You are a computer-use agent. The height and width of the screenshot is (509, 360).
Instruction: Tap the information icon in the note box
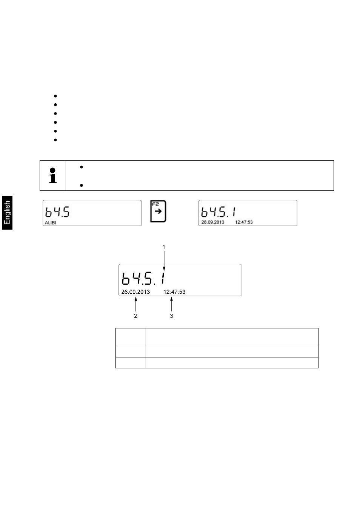click(53, 176)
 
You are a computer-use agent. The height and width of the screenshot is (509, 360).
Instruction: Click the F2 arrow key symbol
click(158, 212)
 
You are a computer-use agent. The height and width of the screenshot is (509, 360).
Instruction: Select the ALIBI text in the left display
click(51, 223)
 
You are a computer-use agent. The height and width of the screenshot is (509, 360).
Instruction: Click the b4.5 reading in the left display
click(58, 212)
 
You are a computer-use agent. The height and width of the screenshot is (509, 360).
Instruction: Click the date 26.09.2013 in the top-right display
click(213, 222)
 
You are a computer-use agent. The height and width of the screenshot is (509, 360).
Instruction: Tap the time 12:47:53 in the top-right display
click(244, 222)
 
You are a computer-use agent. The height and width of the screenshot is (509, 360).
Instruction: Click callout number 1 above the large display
click(164, 247)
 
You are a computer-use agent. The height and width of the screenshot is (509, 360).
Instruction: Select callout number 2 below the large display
click(136, 316)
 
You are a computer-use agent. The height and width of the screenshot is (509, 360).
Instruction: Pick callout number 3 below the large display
click(172, 316)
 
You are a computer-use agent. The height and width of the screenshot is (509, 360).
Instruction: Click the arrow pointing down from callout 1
click(164, 264)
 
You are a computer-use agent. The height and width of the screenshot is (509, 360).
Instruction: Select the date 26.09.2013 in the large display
click(135, 292)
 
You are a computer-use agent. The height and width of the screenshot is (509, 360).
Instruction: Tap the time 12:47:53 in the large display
click(174, 292)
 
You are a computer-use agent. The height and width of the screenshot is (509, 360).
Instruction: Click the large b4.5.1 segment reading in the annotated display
click(145, 279)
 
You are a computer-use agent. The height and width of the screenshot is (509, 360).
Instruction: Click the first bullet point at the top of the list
click(55, 96)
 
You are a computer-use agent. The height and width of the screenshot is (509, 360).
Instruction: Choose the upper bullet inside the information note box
click(82, 167)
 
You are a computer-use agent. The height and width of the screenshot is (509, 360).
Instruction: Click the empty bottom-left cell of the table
click(131, 363)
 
